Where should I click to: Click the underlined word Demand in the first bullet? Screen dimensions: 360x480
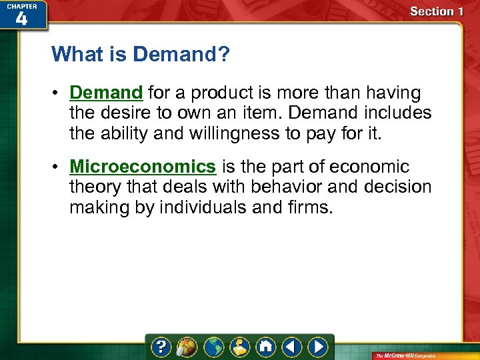[106, 93]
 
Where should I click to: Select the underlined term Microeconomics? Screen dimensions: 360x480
[143, 167]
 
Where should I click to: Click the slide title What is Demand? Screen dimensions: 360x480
[140, 54]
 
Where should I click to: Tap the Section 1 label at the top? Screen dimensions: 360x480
[436, 11]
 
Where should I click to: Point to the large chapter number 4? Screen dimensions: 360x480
[22, 19]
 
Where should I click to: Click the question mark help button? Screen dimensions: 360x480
[162, 347]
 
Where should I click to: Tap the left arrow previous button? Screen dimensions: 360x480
[291, 347]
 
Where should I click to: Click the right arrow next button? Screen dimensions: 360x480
[318, 347]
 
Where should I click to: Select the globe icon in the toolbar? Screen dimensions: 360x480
[214, 347]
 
